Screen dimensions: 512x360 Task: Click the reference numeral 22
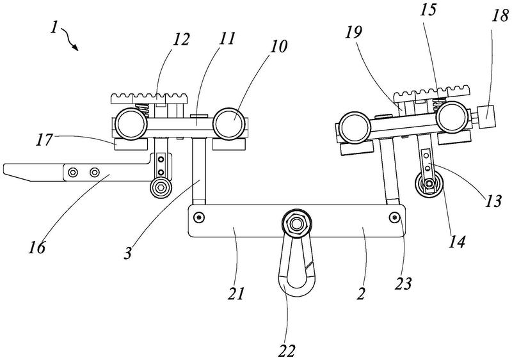point(286,350)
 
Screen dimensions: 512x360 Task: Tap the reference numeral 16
point(36,247)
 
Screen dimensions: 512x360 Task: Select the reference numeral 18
point(500,15)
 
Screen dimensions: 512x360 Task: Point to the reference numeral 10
point(278,46)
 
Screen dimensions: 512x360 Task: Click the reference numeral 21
point(236,293)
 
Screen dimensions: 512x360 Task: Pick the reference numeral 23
point(403,283)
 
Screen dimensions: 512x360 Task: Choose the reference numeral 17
point(44,139)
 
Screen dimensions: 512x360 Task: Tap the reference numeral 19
point(354,33)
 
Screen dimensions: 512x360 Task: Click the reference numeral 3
point(128,253)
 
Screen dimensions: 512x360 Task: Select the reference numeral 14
point(456,242)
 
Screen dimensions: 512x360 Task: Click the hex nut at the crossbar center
point(296,224)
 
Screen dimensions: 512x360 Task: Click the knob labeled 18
point(486,117)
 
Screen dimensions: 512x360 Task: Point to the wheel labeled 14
point(428,185)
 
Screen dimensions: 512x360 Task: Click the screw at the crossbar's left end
point(198,217)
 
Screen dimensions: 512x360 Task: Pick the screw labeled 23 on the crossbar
point(394,217)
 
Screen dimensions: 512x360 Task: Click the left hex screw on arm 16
point(73,172)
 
